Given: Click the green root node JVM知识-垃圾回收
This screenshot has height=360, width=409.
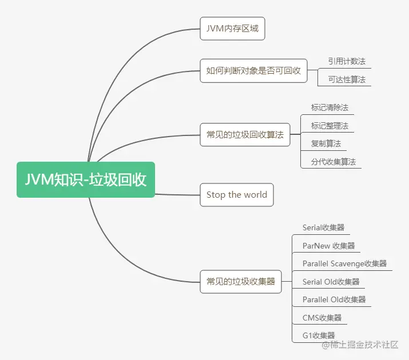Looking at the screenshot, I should [x=86, y=179].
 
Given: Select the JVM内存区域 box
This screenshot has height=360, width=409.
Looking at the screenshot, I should [x=232, y=29].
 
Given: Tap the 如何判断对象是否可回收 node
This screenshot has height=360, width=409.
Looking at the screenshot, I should [x=253, y=71].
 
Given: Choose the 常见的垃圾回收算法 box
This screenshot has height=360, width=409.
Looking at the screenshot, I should [x=245, y=135].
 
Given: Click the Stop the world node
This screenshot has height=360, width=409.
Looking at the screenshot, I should [x=237, y=195].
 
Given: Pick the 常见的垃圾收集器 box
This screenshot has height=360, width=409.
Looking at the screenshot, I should [x=241, y=281].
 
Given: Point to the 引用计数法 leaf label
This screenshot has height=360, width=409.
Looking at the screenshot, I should [x=347, y=61].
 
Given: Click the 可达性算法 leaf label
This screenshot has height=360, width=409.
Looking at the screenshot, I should [x=347, y=79].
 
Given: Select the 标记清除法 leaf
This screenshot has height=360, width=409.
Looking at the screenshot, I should [x=329, y=107].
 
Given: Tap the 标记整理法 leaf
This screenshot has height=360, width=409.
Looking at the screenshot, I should [x=329, y=126].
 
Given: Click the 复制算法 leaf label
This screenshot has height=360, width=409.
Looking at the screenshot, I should [x=325, y=143].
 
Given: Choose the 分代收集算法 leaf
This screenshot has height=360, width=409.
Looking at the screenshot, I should [x=333, y=162].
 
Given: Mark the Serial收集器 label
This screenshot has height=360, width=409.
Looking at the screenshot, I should [x=324, y=227].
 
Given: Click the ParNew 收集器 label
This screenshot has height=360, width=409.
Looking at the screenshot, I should [x=329, y=246].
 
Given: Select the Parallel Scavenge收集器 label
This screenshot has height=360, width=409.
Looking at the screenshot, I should [x=345, y=263].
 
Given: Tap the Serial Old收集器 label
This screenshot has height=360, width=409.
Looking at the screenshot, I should [x=331, y=282].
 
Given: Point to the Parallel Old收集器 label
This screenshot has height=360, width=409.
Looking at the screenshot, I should [x=334, y=299].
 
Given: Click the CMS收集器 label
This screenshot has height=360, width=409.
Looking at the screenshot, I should [x=322, y=318].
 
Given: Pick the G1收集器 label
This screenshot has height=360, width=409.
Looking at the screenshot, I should [x=319, y=335].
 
